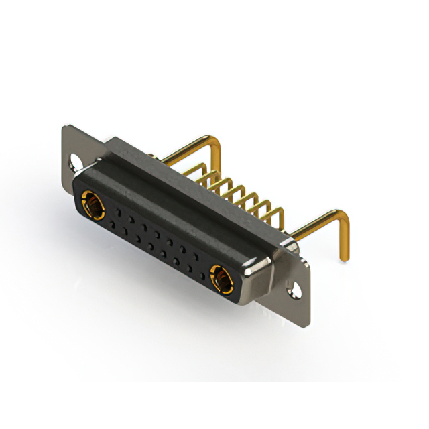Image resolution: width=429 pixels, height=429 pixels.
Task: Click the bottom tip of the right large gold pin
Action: coord(345,259)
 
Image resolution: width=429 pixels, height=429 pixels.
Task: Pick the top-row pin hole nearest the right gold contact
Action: coord(199,255)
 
